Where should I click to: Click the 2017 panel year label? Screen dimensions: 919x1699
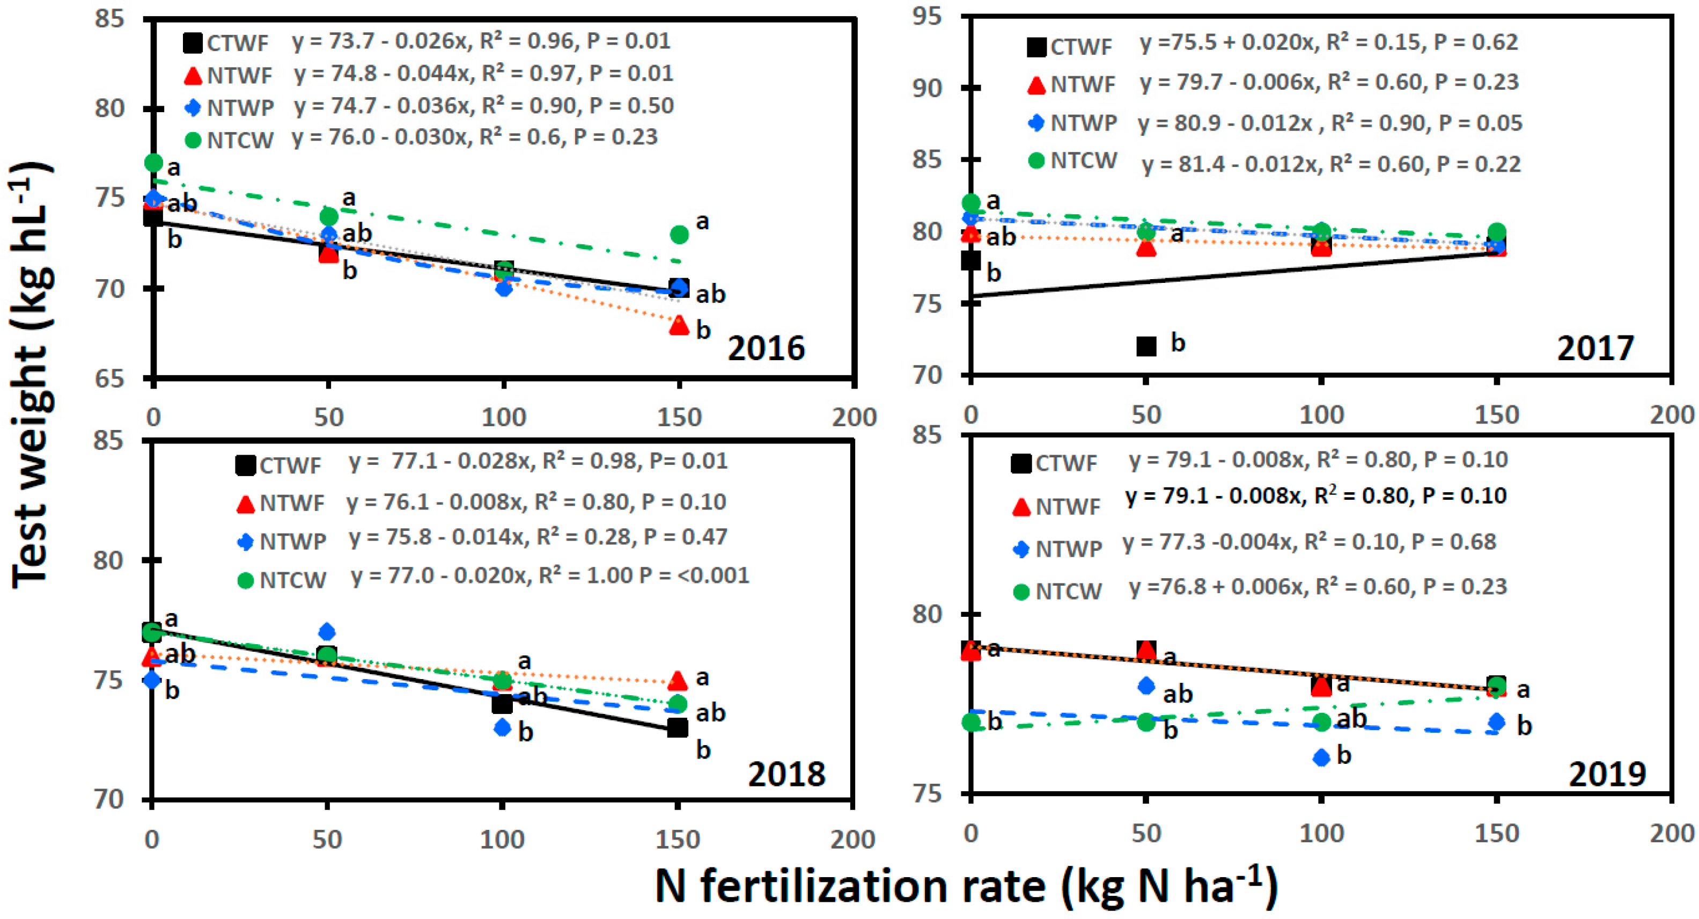(x=1595, y=348)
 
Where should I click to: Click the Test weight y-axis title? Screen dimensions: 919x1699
(x=31, y=376)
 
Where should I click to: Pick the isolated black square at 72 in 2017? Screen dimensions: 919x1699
(x=1146, y=346)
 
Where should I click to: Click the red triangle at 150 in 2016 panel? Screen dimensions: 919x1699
(x=679, y=325)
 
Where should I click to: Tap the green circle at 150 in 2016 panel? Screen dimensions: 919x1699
(x=679, y=234)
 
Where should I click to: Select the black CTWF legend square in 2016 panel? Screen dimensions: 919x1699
(x=193, y=43)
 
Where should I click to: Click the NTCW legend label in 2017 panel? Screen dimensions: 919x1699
(x=1084, y=161)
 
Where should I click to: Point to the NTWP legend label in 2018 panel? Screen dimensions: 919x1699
(x=293, y=542)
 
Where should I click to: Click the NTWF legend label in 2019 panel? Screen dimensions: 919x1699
(x=1068, y=507)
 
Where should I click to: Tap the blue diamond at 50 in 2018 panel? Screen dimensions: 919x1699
(x=327, y=632)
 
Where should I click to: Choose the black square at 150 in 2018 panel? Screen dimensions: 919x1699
(x=678, y=728)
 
